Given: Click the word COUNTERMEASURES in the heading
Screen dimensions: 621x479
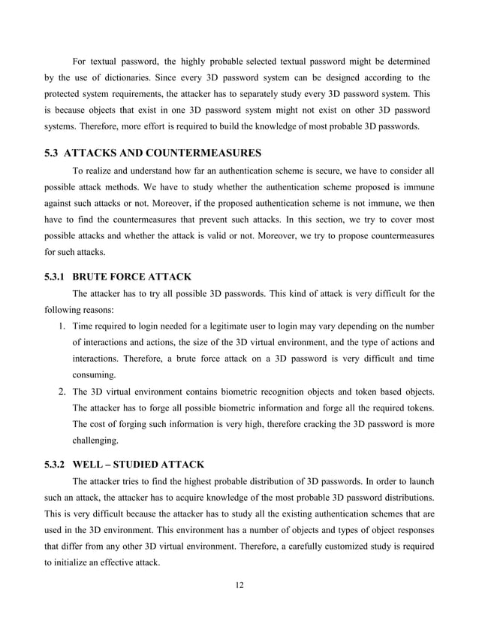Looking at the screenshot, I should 198,153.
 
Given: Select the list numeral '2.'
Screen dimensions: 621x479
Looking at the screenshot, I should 62,392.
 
